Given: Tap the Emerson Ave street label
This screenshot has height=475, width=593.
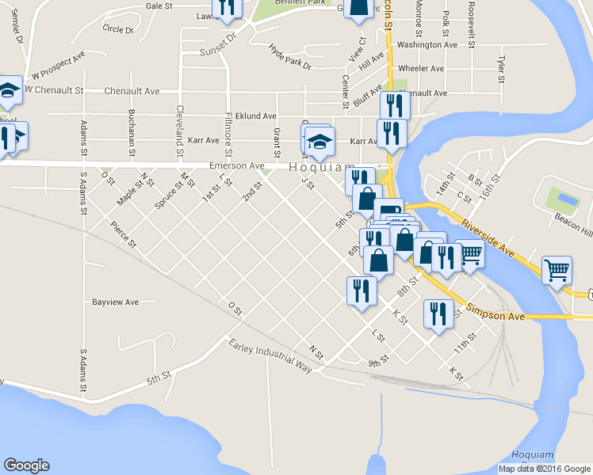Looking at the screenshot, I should tap(236, 166).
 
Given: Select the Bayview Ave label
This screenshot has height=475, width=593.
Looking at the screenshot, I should tap(116, 302).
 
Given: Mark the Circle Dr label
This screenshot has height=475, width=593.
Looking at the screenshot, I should tap(118, 28).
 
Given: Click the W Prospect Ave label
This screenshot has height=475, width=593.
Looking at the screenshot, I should tap(58, 69).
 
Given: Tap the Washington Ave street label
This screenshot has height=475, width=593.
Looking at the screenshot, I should tap(427, 45).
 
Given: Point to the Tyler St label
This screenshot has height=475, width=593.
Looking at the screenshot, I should tap(500, 69).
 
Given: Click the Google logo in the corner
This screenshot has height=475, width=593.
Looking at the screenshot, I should tap(26, 465).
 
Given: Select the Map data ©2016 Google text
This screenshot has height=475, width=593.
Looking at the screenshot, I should tap(544, 469).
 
